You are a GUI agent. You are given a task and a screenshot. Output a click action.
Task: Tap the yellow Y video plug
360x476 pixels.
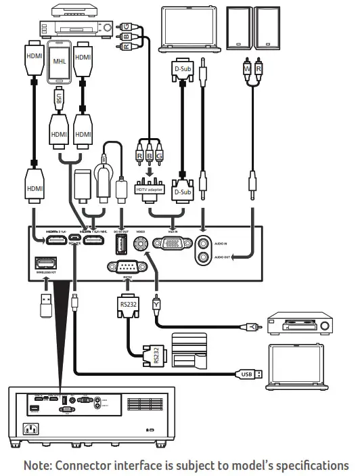(x=157, y=305)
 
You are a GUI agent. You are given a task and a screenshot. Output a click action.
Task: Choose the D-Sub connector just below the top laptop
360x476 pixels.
(x=181, y=70)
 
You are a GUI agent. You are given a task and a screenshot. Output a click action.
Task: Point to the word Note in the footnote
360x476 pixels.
(x=38, y=466)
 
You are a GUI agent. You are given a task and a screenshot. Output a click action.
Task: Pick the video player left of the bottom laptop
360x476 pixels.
(x=299, y=323)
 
